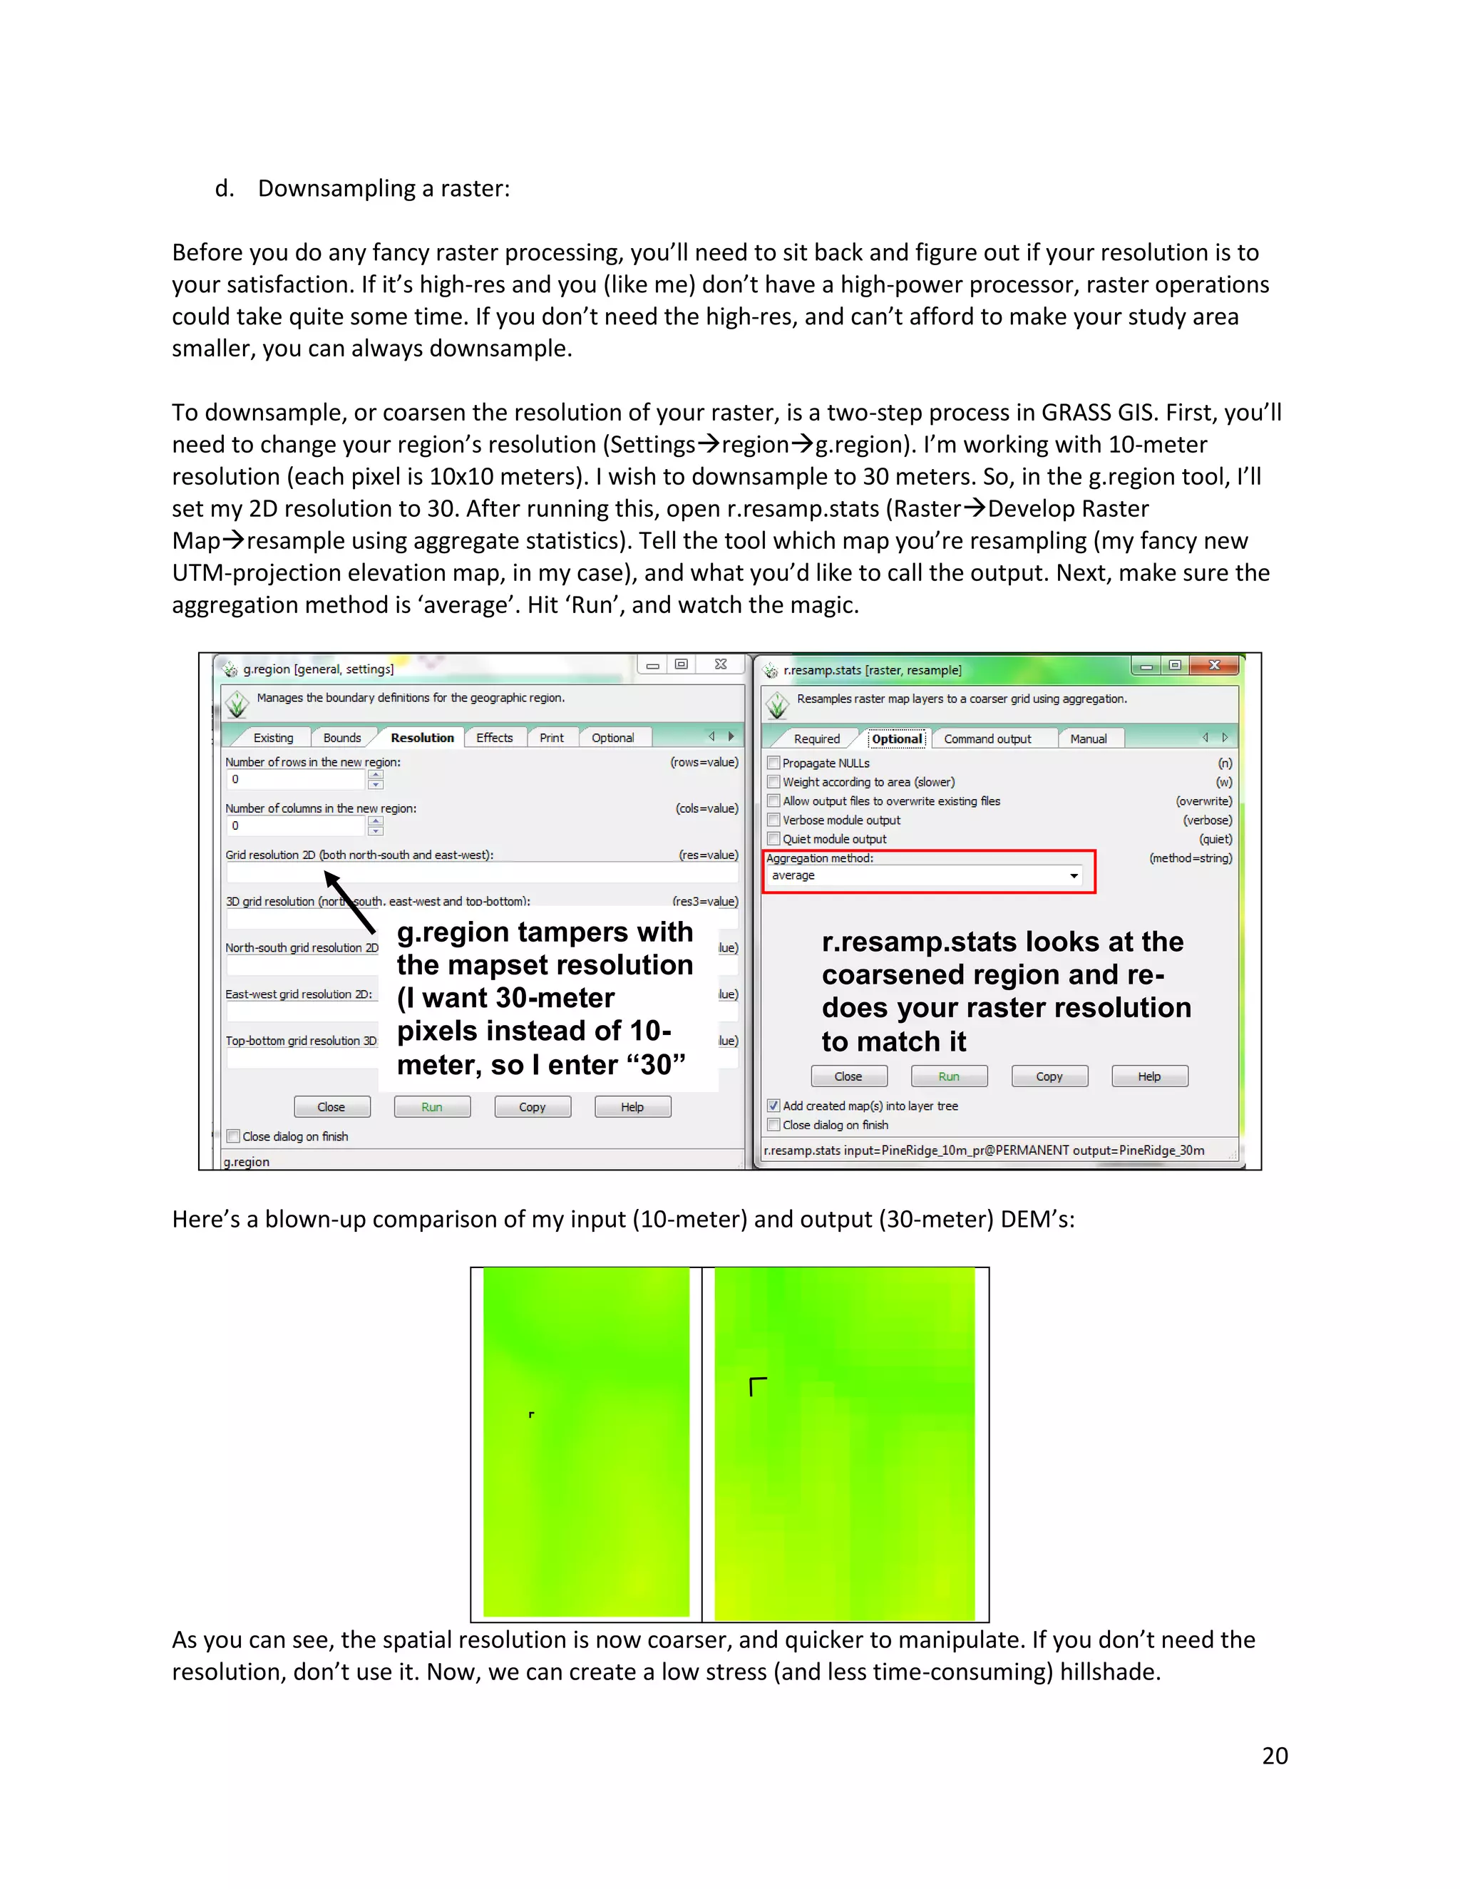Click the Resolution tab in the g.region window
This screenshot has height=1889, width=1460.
[x=422, y=738]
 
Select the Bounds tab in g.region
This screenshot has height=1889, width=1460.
[x=341, y=738]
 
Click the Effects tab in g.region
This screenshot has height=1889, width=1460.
[x=494, y=738]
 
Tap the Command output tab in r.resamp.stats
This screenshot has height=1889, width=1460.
[x=987, y=738]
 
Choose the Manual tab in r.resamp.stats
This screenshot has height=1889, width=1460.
[x=1088, y=738]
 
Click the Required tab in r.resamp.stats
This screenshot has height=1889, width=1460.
[x=816, y=738]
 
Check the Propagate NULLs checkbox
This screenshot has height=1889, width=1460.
[x=774, y=763]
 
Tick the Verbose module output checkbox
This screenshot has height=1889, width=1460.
[x=774, y=820]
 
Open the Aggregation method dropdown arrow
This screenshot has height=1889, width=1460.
[x=1074, y=876]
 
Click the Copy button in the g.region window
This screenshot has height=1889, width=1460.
[x=532, y=1107]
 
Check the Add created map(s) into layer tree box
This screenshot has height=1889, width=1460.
[x=774, y=1106]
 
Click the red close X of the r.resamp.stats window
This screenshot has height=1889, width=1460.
[x=1214, y=665]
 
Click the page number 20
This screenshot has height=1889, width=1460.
[x=1274, y=1756]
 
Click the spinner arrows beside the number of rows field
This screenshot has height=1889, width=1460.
[x=376, y=779]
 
